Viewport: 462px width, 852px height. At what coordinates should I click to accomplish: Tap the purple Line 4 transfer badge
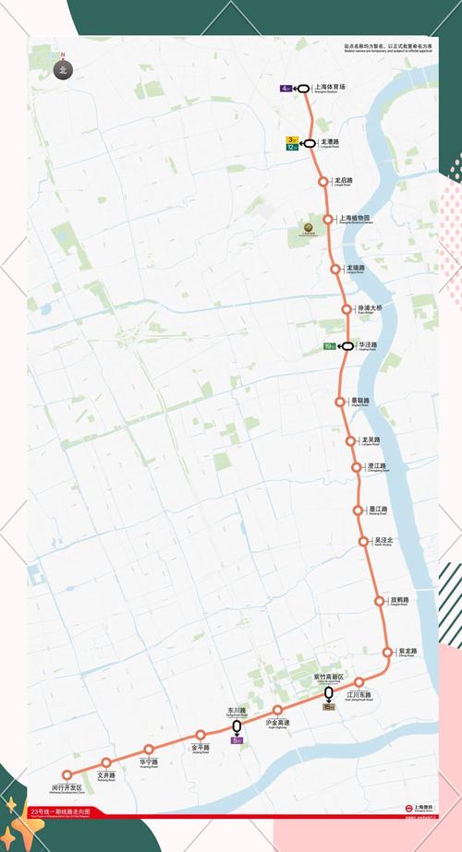286,89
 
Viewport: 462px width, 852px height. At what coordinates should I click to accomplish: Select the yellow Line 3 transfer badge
292,139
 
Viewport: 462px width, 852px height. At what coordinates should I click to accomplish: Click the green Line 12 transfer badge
292,147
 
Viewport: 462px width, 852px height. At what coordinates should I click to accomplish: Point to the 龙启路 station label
344,181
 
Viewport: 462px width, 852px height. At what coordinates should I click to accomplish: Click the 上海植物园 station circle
327,219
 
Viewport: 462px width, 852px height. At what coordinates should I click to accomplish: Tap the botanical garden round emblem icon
311,227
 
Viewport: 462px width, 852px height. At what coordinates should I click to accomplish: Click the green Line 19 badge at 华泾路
329,346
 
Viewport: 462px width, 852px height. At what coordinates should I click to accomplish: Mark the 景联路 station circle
341,402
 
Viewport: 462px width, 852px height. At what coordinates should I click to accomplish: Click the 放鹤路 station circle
380,601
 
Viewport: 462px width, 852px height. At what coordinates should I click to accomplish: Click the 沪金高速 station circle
277,711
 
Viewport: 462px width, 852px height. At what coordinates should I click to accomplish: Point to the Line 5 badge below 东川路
237,740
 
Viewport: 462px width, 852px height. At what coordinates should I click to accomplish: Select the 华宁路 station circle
149,750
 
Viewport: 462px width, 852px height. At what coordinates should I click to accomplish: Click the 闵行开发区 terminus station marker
67,775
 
